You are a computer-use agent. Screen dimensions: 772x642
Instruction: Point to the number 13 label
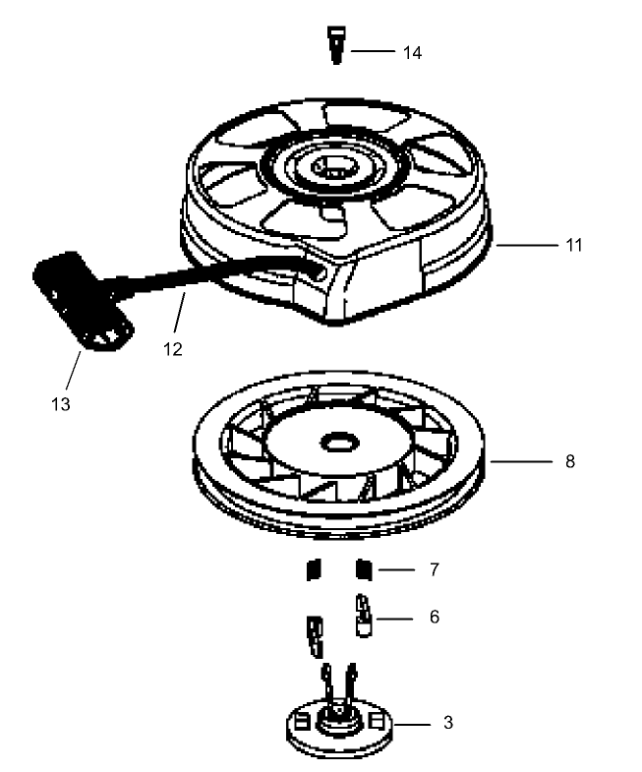point(61,402)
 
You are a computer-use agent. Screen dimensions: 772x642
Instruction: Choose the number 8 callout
point(570,459)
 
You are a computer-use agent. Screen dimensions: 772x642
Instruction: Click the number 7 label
point(434,569)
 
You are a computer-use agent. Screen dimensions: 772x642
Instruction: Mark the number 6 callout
point(434,618)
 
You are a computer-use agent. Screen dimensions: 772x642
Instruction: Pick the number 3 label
point(447,723)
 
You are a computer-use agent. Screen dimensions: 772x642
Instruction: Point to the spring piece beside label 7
point(363,568)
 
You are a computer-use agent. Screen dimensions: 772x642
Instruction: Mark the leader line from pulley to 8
point(521,459)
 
